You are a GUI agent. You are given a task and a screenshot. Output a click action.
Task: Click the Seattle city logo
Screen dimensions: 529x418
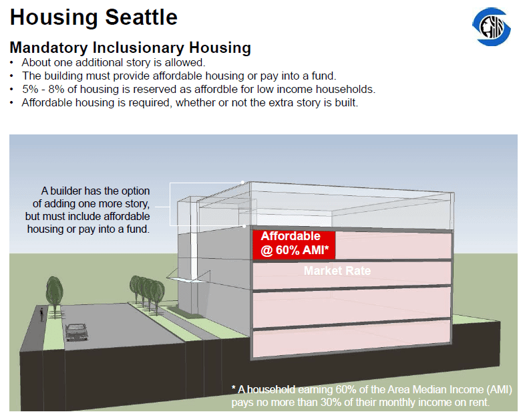492,27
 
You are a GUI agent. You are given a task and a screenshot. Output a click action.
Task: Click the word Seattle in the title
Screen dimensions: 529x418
141,17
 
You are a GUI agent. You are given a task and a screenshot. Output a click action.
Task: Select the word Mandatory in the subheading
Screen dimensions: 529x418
49,47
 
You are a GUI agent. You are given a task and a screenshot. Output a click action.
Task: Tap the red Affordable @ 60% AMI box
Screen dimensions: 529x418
294,245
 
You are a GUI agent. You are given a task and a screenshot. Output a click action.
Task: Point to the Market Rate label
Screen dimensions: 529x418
337,271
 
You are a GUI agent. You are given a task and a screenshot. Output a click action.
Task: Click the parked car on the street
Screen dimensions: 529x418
77,332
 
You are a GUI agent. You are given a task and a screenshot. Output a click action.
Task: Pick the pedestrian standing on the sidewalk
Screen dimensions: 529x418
41,314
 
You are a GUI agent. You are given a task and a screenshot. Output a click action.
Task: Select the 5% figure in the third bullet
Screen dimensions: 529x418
29,89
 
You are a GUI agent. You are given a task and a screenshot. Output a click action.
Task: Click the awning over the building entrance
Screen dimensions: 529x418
188,276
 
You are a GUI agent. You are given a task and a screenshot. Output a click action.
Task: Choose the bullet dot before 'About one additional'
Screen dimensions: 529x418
12,63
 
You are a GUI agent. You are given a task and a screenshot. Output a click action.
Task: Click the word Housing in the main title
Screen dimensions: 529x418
54,18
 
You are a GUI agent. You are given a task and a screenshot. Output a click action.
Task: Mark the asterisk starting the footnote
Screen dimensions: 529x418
234,388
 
